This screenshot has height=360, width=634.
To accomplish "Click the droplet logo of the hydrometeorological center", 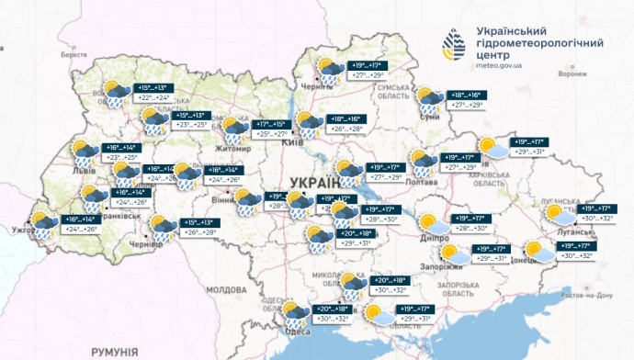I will (x=454, y=43).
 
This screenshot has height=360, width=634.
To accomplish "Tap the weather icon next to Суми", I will (x=427, y=99).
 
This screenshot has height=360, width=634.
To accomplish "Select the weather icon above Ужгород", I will (x=42, y=224).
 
